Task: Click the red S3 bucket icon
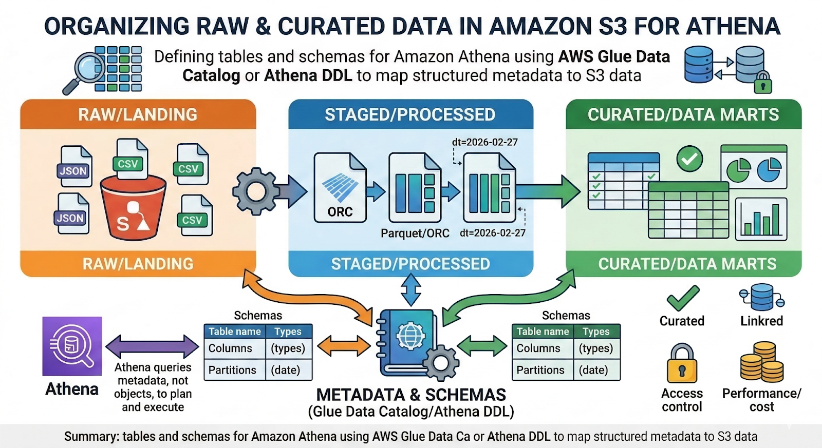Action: pyautogui.click(x=133, y=208)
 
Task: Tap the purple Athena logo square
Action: pyautogui.click(x=72, y=346)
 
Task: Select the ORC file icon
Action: pyautogui.click(x=340, y=188)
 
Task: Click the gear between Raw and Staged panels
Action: pyautogui.click(x=255, y=192)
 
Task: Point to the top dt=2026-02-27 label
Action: pyautogui.click(x=484, y=142)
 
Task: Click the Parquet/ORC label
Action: pyautogui.click(x=415, y=233)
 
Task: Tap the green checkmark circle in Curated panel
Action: pyautogui.click(x=689, y=159)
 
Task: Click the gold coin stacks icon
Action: pyautogui.click(x=762, y=362)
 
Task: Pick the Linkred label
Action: pyautogui.click(x=761, y=321)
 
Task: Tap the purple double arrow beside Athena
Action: pyautogui.click(x=152, y=346)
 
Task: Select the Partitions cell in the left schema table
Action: pyautogui.click(x=232, y=370)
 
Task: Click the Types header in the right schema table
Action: pyautogui.click(x=596, y=332)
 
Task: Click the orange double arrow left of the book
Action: pyautogui.click(x=344, y=346)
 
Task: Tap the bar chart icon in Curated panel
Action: pyautogui.click(x=761, y=219)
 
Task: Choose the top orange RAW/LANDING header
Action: pyautogui.click(x=138, y=114)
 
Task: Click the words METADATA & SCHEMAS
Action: pyautogui.click(x=411, y=395)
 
